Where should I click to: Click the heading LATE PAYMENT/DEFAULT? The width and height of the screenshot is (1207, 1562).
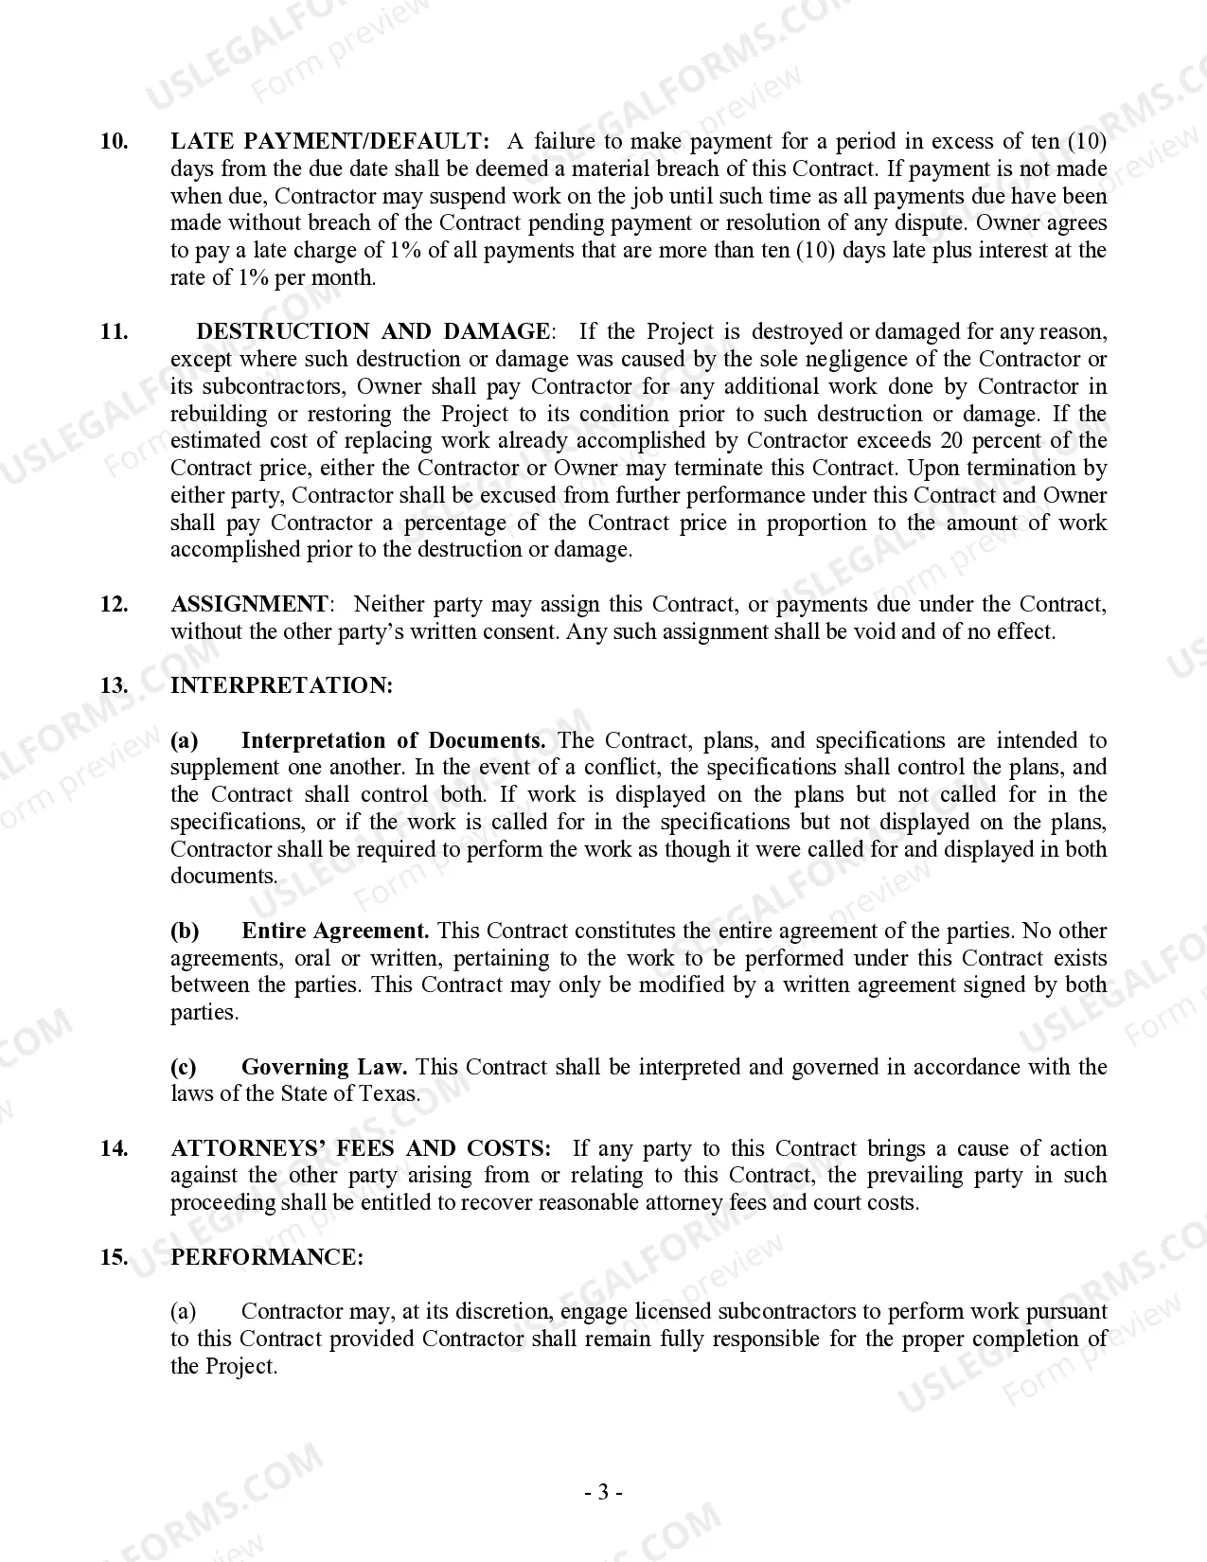[329, 142]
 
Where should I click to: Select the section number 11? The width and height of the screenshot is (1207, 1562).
[114, 331]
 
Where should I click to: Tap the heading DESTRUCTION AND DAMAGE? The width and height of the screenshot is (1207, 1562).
[372, 331]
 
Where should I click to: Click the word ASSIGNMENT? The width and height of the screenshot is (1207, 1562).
[249, 604]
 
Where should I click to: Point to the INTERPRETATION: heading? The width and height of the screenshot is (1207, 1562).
[281, 685]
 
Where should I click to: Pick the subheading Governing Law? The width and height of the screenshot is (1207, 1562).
[324, 1067]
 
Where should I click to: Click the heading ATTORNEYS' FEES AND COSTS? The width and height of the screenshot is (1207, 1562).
[361, 1148]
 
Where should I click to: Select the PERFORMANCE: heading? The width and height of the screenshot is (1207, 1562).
[267, 1257]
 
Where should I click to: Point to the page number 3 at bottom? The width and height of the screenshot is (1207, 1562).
[603, 1493]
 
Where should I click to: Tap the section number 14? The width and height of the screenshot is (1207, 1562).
[114, 1148]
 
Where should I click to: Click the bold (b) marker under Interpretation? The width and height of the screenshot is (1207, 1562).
[185, 931]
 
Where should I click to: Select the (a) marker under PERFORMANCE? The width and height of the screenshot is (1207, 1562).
[184, 1311]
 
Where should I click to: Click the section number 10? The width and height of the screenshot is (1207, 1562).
[114, 142]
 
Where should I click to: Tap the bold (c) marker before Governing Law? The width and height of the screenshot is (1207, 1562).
[184, 1067]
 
